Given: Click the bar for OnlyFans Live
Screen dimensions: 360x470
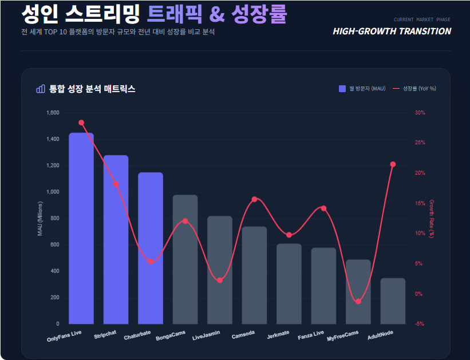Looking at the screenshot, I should pos(81,229).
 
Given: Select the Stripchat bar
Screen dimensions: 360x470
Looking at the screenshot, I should pos(116,240).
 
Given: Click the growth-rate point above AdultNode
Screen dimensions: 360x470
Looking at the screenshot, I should pos(393,164).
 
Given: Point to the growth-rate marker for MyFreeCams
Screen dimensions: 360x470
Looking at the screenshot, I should pos(358,301).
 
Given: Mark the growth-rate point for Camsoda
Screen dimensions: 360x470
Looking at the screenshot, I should pos(255,199).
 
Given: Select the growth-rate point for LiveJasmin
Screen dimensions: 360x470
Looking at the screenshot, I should pos(220,280).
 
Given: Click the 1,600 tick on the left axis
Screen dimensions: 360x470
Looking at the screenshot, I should pos(52,113).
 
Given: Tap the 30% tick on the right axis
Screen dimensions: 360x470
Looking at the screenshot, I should pos(420,113).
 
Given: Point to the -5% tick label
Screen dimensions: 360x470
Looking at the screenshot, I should pos(420,324).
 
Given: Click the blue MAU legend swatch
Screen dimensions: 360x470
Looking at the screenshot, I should pos(342,89).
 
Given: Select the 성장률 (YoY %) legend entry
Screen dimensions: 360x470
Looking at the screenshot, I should pos(414,89).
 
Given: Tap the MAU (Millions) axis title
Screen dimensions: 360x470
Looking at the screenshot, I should pos(40,219).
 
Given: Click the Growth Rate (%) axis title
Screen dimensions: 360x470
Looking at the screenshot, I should pos(432,219).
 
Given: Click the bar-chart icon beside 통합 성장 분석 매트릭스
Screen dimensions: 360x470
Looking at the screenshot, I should pos(40,89).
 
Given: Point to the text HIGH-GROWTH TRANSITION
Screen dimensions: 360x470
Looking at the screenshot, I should pos(392,31).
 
